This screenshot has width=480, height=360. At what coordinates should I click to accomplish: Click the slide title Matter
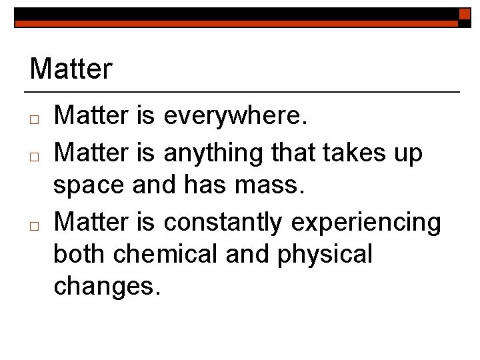(x=71, y=69)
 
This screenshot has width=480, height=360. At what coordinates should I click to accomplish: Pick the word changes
(x=107, y=287)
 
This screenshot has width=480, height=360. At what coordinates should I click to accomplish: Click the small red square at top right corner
(x=465, y=14)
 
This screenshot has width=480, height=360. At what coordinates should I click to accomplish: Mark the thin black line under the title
(x=242, y=91)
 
